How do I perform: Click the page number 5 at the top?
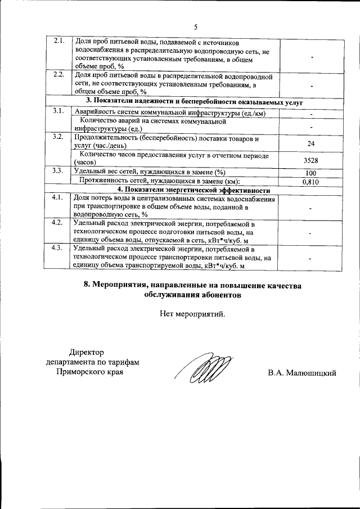(x=196, y=26)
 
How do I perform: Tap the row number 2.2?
(x=59, y=75)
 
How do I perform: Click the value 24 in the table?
(x=310, y=144)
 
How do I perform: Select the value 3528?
(x=310, y=160)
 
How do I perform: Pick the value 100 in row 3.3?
(x=310, y=173)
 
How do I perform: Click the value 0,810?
(x=310, y=182)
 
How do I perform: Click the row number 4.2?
(x=57, y=223)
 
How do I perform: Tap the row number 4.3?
(x=57, y=247)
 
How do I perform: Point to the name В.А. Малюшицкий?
(x=301, y=373)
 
